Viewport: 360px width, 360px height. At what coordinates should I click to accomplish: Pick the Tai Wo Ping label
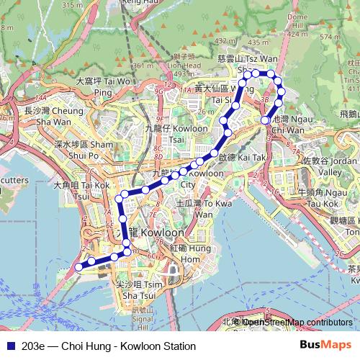[104, 86]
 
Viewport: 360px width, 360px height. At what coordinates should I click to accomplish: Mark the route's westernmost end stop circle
[78, 267]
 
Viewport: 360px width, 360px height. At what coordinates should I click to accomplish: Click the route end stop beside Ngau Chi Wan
[266, 120]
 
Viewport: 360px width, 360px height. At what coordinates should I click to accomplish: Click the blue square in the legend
[9, 346]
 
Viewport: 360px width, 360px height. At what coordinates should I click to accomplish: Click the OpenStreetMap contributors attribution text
[297, 322]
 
